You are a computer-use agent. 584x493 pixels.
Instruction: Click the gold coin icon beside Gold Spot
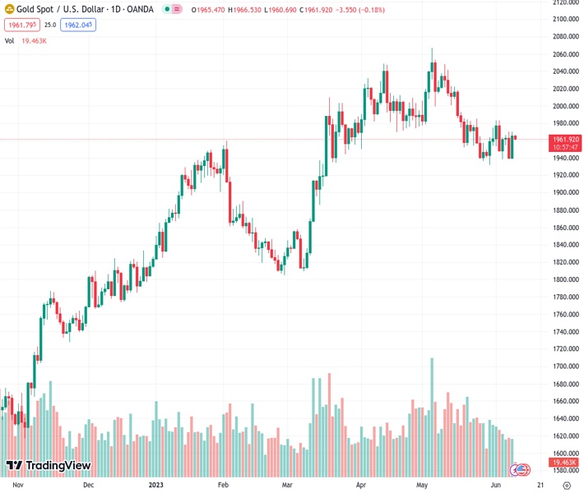coord(8,10)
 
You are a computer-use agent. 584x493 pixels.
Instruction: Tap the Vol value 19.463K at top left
coord(34,40)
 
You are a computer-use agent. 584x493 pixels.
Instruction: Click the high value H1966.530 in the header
coord(245,10)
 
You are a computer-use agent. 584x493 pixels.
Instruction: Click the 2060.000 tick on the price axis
coord(564,54)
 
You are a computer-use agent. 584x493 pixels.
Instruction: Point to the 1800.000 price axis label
coord(564,280)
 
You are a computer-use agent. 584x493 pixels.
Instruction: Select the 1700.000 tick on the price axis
coord(564,367)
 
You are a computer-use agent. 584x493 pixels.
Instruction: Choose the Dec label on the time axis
coord(89,485)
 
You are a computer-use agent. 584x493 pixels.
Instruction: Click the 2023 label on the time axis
coord(156,485)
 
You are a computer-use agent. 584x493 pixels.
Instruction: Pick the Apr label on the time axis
coord(359,485)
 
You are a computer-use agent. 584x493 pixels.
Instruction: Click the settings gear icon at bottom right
coord(566,485)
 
